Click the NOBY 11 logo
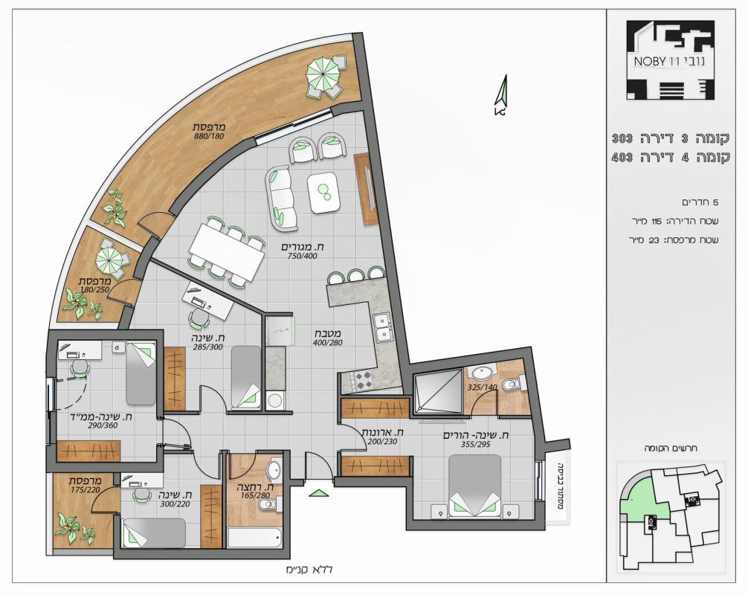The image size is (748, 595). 670,59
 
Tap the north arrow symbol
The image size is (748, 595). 501,95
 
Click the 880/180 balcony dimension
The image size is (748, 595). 209,136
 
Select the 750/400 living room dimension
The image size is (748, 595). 302,256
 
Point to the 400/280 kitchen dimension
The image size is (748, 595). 328,342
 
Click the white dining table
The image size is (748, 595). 227,252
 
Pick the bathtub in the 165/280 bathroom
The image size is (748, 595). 254,537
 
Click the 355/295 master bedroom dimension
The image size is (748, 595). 476,444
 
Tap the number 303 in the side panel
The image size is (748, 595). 622,139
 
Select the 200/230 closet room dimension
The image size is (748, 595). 382,441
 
